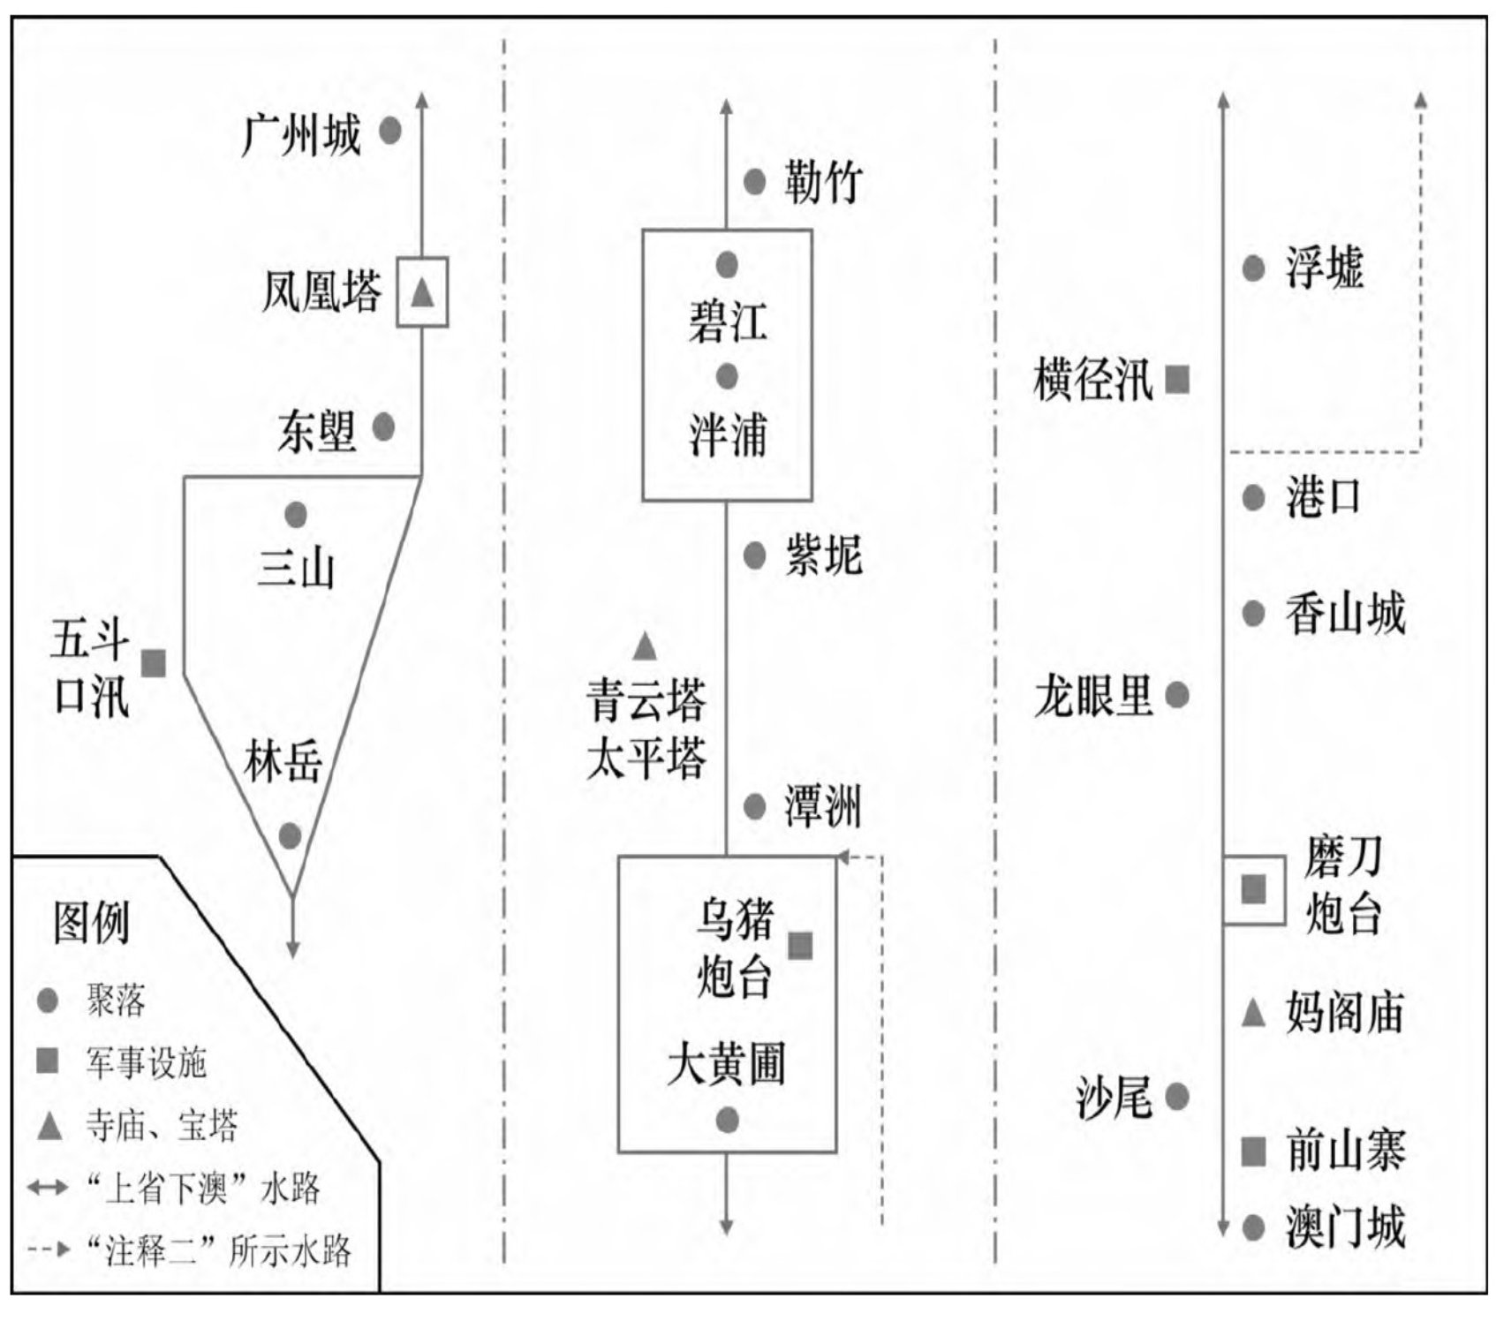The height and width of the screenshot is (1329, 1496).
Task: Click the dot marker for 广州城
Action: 390,132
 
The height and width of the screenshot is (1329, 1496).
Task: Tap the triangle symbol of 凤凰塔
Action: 423,291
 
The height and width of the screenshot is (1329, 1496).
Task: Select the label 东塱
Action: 317,432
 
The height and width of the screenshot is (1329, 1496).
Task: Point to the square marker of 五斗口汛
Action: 155,663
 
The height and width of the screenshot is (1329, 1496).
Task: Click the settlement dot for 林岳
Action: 290,835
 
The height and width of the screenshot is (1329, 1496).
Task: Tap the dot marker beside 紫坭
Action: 754,555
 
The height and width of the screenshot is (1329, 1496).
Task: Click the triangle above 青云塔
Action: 646,646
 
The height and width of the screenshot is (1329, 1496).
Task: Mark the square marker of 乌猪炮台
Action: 800,946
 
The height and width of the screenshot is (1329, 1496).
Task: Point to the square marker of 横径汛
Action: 1177,380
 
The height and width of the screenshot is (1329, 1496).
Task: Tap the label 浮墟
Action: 1325,268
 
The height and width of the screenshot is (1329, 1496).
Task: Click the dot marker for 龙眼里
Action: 1177,695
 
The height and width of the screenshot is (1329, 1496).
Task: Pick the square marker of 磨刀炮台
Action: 1253,889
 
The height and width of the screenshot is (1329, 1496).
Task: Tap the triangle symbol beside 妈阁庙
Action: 1253,1013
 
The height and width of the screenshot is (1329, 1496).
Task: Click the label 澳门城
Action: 1345,1227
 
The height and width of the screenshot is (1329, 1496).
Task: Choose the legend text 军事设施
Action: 146,1062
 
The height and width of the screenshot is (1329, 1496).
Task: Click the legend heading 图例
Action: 91,923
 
